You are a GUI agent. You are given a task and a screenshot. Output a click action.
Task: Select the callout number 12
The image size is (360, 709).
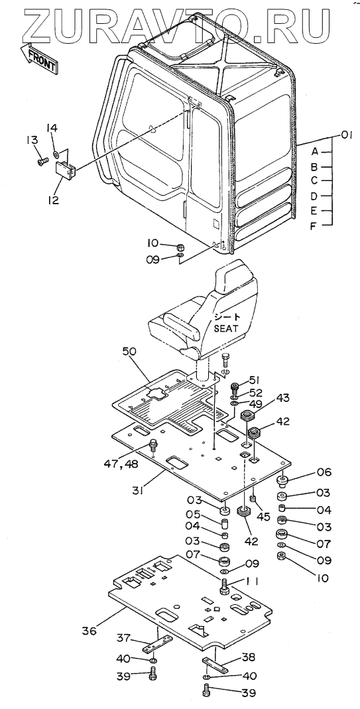click(53, 200)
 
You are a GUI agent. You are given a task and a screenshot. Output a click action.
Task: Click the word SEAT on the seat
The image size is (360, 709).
click(225, 329)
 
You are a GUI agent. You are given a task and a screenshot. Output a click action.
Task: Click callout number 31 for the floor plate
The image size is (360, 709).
click(139, 489)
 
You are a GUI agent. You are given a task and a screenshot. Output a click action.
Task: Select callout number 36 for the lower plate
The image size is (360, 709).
click(89, 630)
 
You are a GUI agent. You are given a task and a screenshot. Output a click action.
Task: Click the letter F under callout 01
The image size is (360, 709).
click(313, 226)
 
